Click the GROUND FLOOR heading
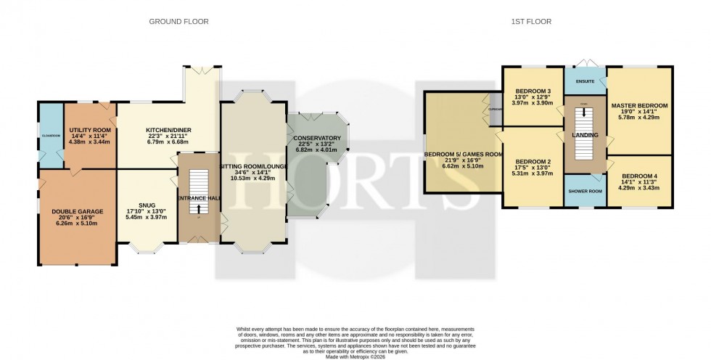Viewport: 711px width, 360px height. coord(178,22)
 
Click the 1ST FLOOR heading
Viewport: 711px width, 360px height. coord(531,22)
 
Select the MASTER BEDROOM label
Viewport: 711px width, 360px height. coord(639,106)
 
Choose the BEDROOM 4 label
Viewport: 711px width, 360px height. coord(639,174)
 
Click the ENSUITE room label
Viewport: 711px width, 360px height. coord(585,82)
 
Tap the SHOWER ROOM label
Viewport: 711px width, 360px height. coord(585,192)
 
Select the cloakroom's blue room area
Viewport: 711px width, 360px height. coord(50,134)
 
